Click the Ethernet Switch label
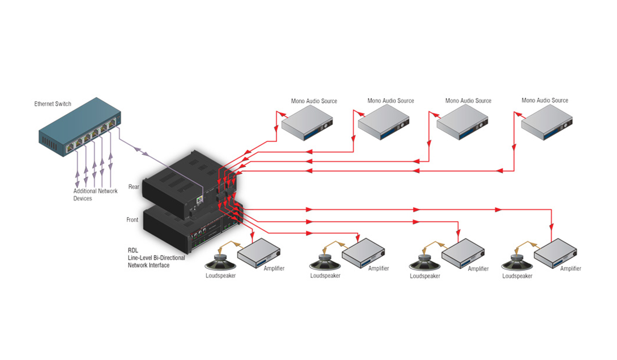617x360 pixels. [x=52, y=104]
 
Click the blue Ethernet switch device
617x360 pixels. [x=80, y=127]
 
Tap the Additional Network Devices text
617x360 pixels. [x=95, y=195]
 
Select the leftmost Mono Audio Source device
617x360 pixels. [x=307, y=123]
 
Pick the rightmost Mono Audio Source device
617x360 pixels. [x=547, y=122]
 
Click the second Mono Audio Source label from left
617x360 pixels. [x=391, y=101]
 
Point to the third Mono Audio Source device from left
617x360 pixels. [x=462, y=122]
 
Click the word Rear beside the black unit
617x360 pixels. [x=134, y=187]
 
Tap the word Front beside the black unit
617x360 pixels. [x=132, y=220]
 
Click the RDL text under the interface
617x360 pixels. [x=133, y=250]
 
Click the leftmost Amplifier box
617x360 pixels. [x=259, y=253]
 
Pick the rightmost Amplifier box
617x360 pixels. [x=556, y=253]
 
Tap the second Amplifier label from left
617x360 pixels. [x=378, y=268]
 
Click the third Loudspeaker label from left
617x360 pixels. [x=425, y=276]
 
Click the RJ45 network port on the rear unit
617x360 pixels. [x=199, y=200]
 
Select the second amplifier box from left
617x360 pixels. [x=364, y=253]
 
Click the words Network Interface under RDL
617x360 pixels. [x=149, y=265]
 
